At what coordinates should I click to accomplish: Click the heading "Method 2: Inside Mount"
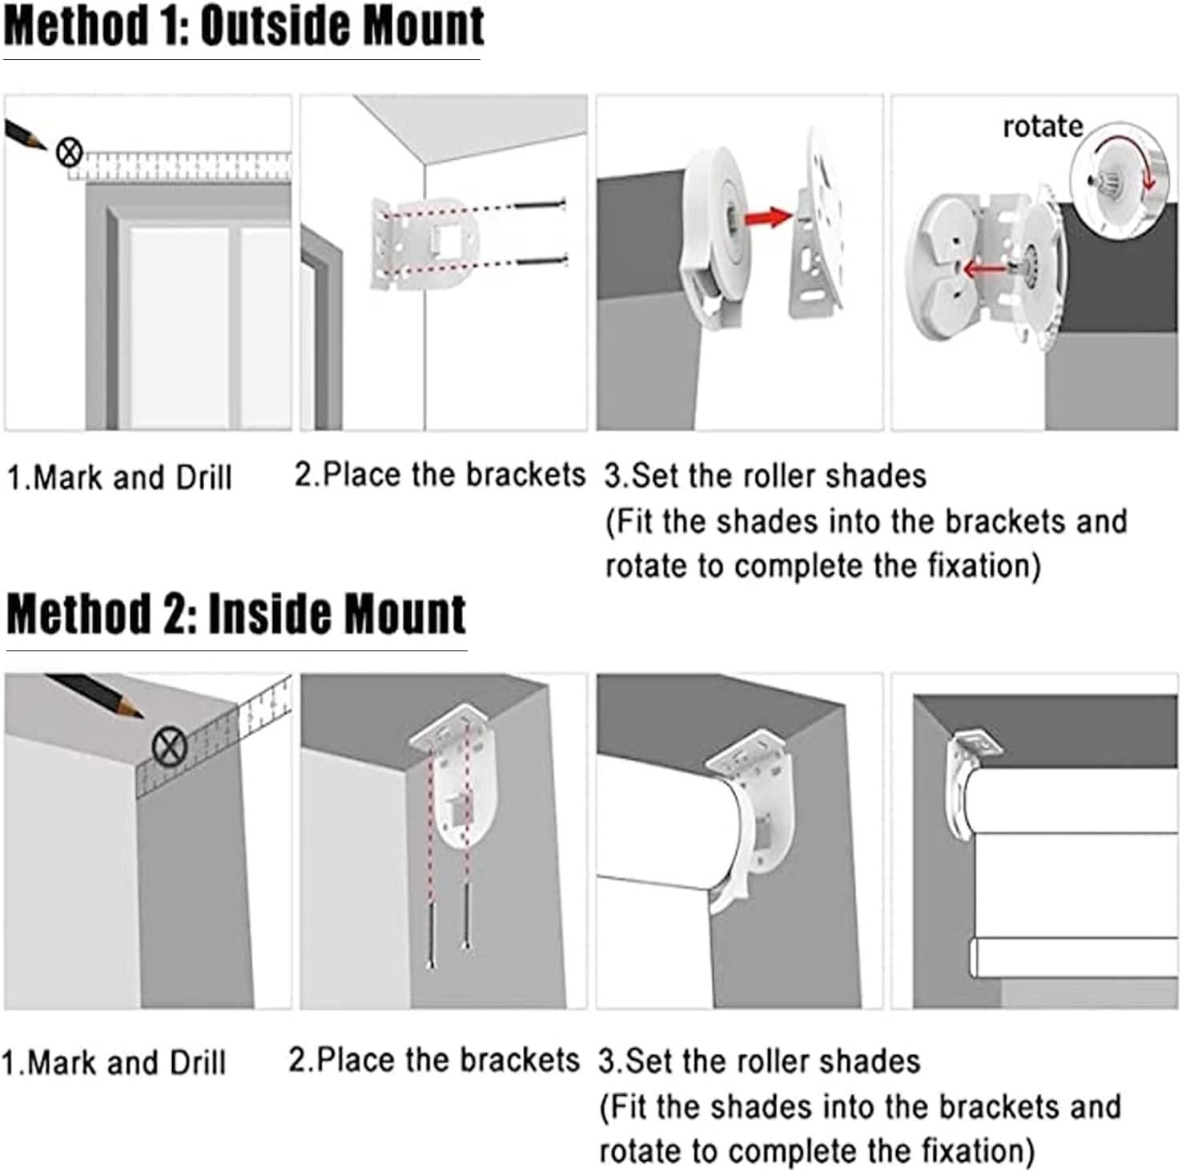[x=235, y=615]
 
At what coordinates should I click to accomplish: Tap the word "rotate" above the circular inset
[x=1042, y=127]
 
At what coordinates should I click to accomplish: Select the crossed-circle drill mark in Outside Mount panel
[x=70, y=151]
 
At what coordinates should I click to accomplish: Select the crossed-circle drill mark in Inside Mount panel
[x=170, y=747]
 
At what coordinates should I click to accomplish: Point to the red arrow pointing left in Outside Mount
[x=981, y=269]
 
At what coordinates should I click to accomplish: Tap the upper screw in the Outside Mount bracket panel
[x=540, y=205]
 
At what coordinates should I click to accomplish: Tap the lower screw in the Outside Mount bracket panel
[x=541, y=260]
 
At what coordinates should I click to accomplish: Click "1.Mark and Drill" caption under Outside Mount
[x=119, y=478]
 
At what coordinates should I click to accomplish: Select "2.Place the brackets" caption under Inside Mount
[x=433, y=1061]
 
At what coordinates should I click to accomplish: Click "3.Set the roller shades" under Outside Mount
[x=765, y=476]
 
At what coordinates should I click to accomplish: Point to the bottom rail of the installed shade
[x=1073, y=957]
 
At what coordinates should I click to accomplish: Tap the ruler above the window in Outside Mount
[x=184, y=165]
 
